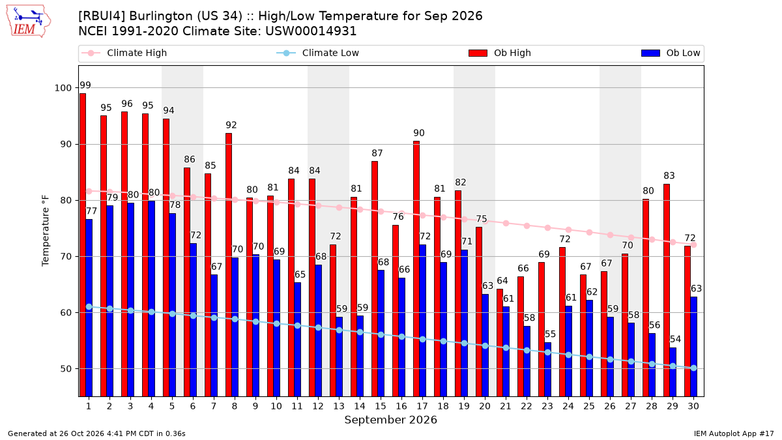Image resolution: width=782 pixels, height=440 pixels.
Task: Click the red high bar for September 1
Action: (x=83, y=245)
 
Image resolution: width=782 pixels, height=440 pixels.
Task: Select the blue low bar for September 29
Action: (x=673, y=372)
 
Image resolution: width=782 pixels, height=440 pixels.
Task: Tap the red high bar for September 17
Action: (x=416, y=269)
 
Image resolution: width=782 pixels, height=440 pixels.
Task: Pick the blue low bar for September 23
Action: (x=548, y=370)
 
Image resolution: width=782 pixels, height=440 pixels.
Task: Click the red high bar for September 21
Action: (x=500, y=343)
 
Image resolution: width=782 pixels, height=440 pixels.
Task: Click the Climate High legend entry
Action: (x=124, y=53)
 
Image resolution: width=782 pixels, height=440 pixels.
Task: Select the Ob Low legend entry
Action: (x=671, y=53)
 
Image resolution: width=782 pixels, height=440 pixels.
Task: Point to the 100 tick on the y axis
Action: (x=63, y=88)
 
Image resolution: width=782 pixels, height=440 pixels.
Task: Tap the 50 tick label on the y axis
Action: (x=66, y=369)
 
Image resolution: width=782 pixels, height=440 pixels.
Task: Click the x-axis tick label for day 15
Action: (x=381, y=406)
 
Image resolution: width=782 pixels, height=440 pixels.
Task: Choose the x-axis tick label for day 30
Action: (x=693, y=406)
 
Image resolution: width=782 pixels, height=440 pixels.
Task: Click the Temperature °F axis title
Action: (x=46, y=231)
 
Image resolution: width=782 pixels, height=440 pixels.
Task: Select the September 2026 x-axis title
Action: (x=390, y=419)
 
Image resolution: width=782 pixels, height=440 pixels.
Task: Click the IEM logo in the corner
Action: (x=28, y=22)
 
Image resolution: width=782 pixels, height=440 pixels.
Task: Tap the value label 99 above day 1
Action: (x=85, y=85)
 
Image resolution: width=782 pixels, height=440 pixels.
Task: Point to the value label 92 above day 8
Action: (x=231, y=125)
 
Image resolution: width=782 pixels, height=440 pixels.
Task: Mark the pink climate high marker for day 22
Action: (x=527, y=226)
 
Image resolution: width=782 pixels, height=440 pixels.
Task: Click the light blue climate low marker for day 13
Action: (x=339, y=330)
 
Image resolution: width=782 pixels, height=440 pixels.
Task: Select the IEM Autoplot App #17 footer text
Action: (x=734, y=433)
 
